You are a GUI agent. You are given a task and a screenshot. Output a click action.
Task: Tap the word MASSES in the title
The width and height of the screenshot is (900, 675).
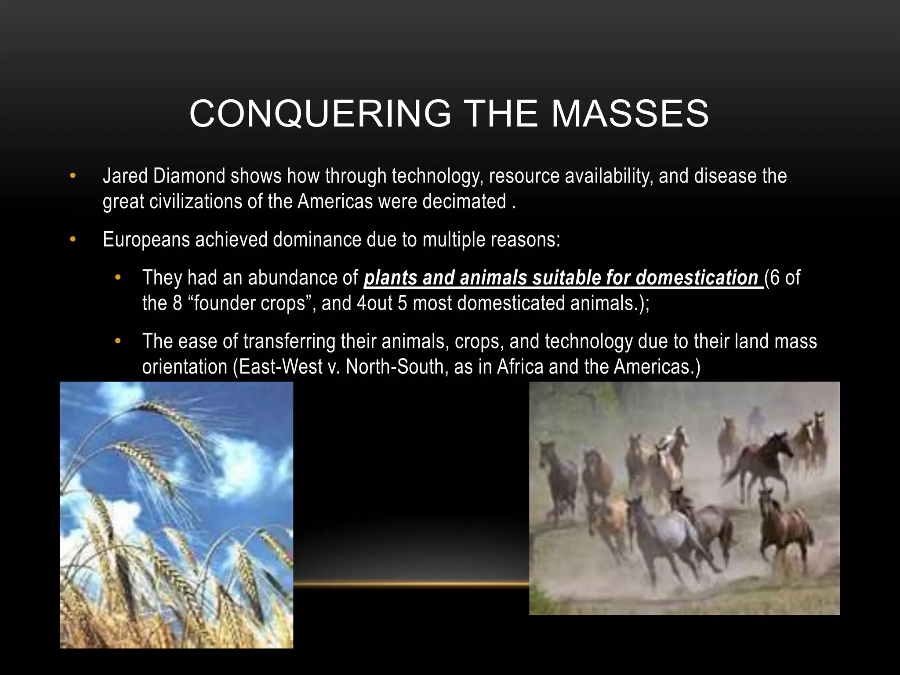click(630, 114)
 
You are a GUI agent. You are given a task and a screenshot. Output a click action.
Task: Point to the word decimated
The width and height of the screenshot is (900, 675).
click(464, 202)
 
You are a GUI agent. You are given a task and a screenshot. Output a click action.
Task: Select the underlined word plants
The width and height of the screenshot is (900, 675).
click(391, 278)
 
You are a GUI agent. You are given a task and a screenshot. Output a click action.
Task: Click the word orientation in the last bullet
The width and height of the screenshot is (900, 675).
click(185, 367)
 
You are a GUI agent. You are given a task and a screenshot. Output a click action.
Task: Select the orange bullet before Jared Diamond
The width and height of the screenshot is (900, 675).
click(73, 176)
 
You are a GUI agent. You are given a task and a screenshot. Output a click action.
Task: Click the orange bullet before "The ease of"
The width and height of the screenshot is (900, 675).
click(117, 341)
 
